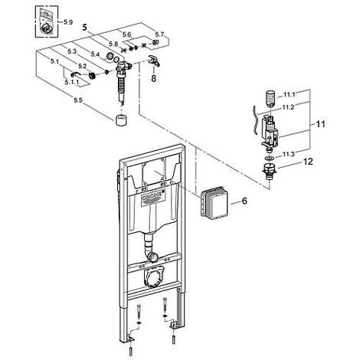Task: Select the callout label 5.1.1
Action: [74, 81]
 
